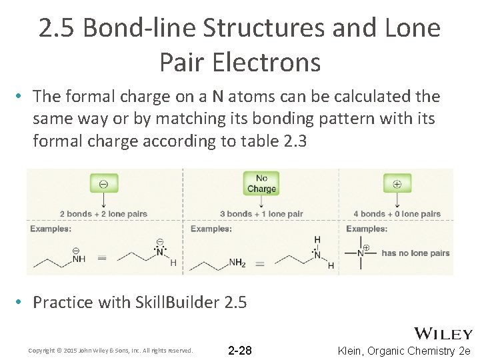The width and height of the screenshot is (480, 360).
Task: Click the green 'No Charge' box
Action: tap(261, 183)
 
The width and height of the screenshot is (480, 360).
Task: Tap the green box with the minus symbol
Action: tap(104, 183)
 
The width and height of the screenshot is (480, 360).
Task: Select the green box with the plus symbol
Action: tap(397, 183)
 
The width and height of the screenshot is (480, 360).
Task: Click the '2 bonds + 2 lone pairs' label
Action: tap(103, 214)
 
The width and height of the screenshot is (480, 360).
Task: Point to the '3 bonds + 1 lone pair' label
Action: tap(261, 214)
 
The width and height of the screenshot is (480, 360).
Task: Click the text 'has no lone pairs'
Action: tap(415, 253)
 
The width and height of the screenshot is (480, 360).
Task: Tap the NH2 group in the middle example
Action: tap(237, 263)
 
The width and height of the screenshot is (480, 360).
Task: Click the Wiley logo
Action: tap(443, 334)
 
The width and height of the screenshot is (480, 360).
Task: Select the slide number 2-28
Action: tap(240, 351)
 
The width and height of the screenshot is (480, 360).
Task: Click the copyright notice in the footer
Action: tap(111, 351)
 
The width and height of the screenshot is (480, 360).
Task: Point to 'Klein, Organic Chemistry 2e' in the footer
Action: tap(405, 351)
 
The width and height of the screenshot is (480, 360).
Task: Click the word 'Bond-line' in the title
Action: tap(140, 28)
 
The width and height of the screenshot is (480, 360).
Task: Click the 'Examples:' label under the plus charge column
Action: tap(367, 229)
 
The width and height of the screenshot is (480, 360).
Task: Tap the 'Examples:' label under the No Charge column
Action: tap(211, 229)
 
